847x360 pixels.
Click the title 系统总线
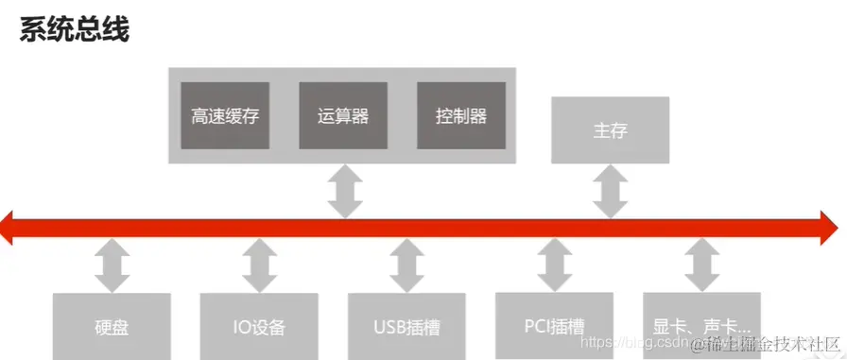click(74, 30)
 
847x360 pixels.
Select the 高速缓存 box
click(224, 115)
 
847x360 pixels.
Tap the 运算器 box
click(343, 115)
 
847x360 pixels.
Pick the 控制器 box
click(461, 115)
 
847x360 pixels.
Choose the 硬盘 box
click(112, 327)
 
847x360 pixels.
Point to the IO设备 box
click(259, 327)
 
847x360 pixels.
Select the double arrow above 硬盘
click(112, 266)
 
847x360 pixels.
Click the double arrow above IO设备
click(259, 266)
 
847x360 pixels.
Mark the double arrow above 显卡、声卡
click(700, 266)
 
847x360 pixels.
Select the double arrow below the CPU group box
click(343, 191)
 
